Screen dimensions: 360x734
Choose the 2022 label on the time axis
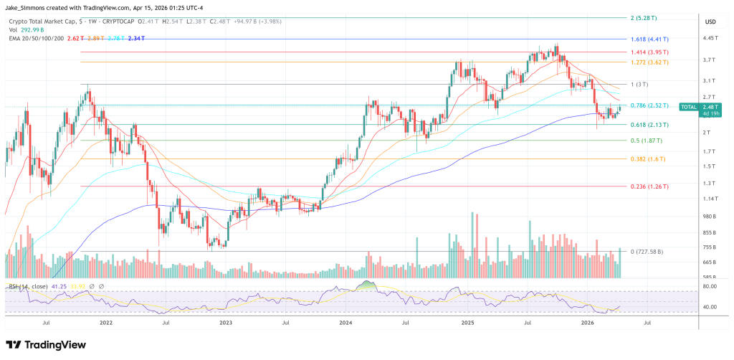pyautogui.click(x=106, y=323)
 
